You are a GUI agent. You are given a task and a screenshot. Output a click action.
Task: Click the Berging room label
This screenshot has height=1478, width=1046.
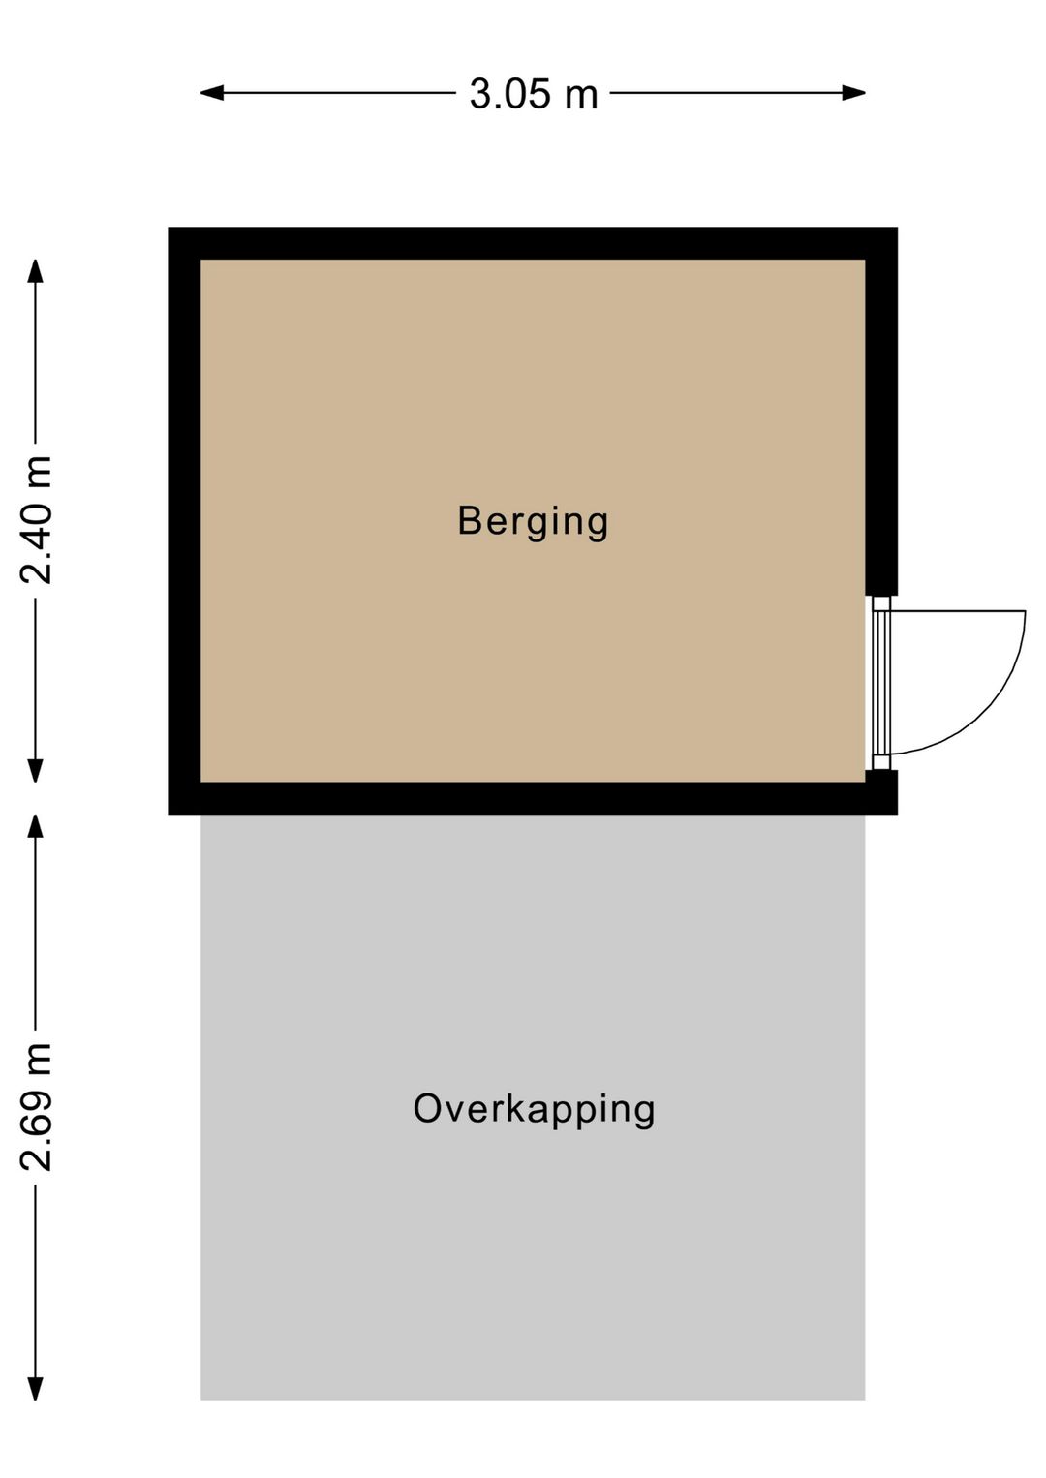tap(533, 522)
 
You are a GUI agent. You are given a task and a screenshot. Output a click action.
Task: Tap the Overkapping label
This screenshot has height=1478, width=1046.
tap(534, 1109)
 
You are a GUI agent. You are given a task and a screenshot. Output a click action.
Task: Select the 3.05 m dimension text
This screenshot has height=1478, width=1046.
tap(534, 94)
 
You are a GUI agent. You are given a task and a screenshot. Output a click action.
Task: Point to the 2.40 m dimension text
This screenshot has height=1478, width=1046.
tap(36, 520)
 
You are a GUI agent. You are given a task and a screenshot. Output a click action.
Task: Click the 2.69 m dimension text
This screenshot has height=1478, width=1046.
tap(36, 1108)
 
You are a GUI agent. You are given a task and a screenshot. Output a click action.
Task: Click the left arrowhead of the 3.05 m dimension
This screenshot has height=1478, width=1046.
tap(212, 93)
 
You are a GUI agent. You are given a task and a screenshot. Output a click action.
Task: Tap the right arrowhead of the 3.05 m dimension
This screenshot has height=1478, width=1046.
tap(853, 93)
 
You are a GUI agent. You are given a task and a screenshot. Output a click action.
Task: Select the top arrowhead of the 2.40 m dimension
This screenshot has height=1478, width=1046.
tap(36, 271)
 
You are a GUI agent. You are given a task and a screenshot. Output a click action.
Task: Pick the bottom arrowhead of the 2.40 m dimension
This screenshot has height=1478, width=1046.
tap(36, 770)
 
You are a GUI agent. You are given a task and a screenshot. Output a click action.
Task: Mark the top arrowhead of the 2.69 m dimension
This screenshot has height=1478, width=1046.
tap(36, 826)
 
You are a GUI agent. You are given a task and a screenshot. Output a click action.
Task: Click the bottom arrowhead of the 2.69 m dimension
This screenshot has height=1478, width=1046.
tap(36, 1388)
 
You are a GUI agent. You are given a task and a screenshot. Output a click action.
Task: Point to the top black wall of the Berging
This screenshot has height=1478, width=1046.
tap(533, 243)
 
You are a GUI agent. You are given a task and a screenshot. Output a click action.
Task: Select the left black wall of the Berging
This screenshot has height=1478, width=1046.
tap(184, 521)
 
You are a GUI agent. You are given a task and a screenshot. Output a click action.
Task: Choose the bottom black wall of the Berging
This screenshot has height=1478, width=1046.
tap(533, 798)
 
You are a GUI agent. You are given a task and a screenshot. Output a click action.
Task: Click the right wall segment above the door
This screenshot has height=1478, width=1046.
tap(881, 411)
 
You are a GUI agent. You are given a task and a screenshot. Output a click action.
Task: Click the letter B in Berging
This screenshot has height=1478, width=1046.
tap(470, 520)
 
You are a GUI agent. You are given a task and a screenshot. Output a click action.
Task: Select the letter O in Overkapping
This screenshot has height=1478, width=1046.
tap(429, 1108)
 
